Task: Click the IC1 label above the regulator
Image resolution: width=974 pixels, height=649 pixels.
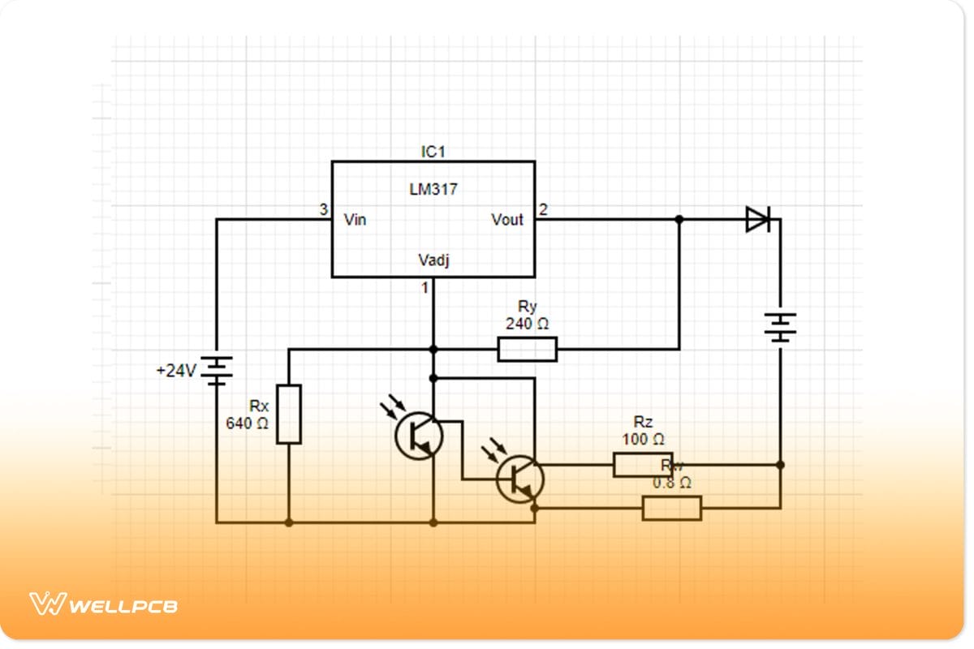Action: coord(433,152)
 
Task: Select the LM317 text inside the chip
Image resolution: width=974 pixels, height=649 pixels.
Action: coord(433,190)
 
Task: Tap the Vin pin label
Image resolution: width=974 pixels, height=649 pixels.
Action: coord(355,220)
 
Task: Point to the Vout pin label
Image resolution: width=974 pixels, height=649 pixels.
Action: coord(507,220)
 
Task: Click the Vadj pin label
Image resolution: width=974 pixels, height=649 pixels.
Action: coord(433,260)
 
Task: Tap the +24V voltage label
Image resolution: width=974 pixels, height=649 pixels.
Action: coord(176,372)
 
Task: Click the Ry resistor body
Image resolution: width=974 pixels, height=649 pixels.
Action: coord(528,350)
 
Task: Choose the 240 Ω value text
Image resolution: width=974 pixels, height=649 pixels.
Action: coord(528,324)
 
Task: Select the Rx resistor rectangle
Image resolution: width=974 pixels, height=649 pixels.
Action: coord(289,415)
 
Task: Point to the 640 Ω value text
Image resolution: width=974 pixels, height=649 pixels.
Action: coord(248,423)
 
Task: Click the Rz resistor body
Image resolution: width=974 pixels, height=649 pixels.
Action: coord(643,465)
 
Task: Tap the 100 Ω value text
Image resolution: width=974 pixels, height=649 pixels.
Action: coord(644,439)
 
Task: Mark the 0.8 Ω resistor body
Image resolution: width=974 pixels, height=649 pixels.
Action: coord(671,509)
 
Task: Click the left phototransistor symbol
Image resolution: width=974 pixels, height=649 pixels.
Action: coord(419,436)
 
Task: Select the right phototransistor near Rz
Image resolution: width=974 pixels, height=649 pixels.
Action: coord(519,479)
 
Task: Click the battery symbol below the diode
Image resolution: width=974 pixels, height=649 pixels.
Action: coord(780,328)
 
